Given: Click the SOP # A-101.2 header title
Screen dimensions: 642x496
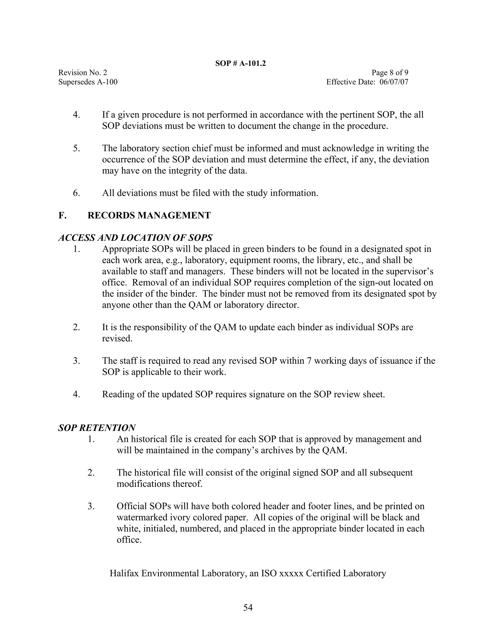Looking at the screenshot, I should tap(240, 63).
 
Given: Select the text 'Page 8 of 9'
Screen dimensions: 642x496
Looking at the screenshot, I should tap(390, 73).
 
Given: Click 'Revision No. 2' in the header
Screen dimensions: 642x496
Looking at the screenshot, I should tap(83, 73).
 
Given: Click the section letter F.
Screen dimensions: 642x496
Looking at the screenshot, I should tap(62, 215).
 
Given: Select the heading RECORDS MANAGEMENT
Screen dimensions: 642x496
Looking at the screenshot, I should tap(149, 215).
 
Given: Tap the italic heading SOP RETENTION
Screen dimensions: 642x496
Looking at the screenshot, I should tap(97, 428).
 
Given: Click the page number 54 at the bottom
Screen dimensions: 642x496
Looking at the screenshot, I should tap(248, 607).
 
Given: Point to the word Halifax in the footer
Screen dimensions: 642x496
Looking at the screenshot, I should tap(124, 573).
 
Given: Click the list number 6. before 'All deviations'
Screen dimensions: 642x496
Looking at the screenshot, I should tap(76, 193).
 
